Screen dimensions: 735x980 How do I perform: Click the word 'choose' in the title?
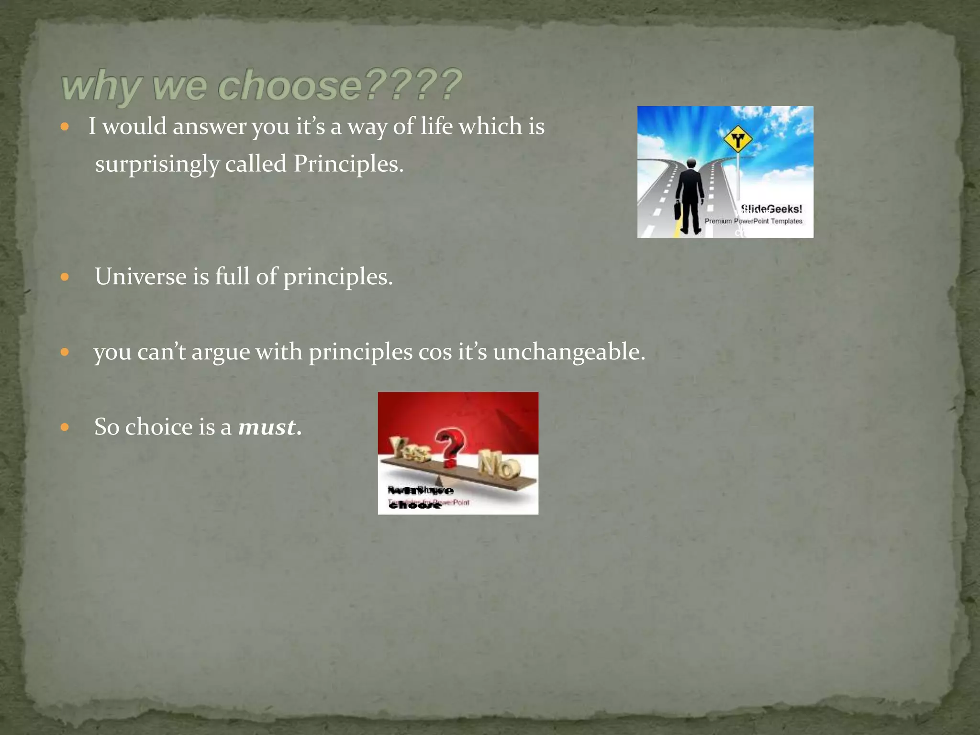tap(290, 85)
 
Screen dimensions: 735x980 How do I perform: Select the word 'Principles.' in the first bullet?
tap(348, 164)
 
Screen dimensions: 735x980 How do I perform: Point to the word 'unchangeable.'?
tap(569, 352)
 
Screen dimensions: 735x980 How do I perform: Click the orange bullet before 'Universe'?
tap(65, 277)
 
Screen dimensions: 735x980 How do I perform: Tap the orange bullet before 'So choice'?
tap(65, 427)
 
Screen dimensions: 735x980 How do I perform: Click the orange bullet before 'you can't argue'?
tap(65, 353)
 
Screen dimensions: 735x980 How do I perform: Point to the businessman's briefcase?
tap(678, 210)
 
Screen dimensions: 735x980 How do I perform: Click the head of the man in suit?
tap(691, 164)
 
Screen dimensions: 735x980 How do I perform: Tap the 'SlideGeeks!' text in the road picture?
tap(771, 209)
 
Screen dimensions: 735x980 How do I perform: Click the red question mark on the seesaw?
tap(450, 448)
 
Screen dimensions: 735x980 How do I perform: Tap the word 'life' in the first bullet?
tap(436, 126)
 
